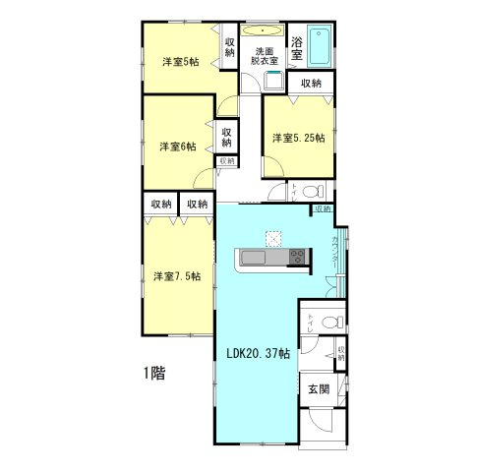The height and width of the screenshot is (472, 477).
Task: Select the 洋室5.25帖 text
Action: pyautogui.click(x=299, y=138)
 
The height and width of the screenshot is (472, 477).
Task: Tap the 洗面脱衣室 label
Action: pyautogui.click(x=265, y=55)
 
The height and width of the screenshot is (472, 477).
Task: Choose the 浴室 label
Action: pyautogui.click(x=297, y=44)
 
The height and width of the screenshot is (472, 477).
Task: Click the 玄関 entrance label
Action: pyautogui.click(x=318, y=389)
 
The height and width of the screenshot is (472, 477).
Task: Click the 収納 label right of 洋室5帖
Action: pyautogui.click(x=229, y=46)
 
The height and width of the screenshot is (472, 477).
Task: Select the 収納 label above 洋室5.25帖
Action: pyautogui.click(x=311, y=84)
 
